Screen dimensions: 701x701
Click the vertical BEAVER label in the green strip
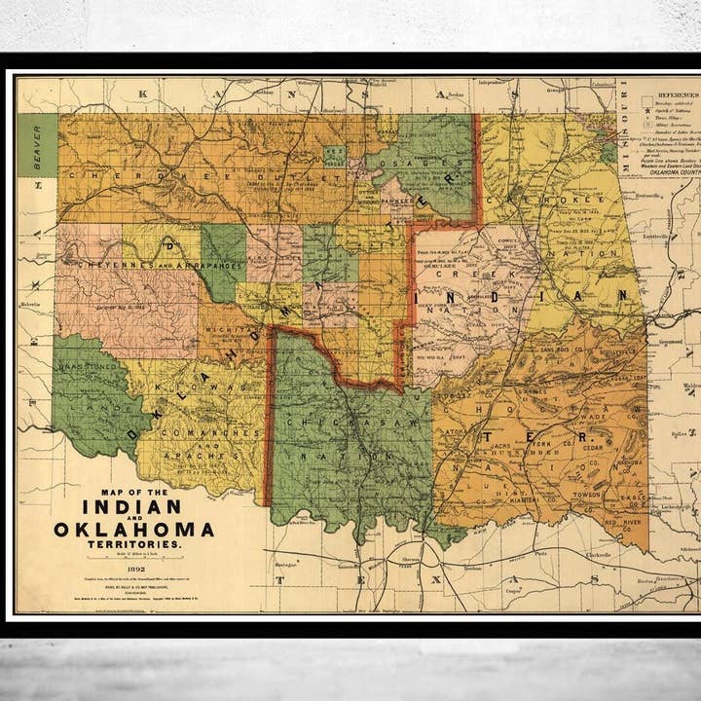point(38,147)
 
